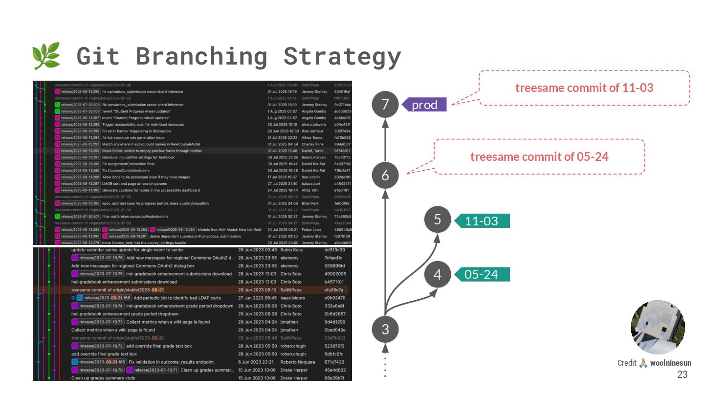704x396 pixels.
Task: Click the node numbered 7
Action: [385, 104]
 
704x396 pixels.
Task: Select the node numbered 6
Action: [385, 175]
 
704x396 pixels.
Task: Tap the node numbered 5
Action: [438, 220]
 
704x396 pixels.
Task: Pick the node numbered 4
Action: [438, 274]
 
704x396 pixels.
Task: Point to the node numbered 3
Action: [385, 329]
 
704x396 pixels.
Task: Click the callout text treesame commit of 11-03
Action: [584, 88]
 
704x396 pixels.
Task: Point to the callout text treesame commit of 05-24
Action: [539, 157]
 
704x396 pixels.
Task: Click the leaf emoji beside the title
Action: [46, 55]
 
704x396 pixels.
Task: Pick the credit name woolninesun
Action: [671, 363]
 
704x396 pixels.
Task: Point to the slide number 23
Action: [682, 375]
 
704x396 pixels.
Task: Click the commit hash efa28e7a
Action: [334, 290]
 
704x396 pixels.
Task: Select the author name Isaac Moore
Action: [292, 298]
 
